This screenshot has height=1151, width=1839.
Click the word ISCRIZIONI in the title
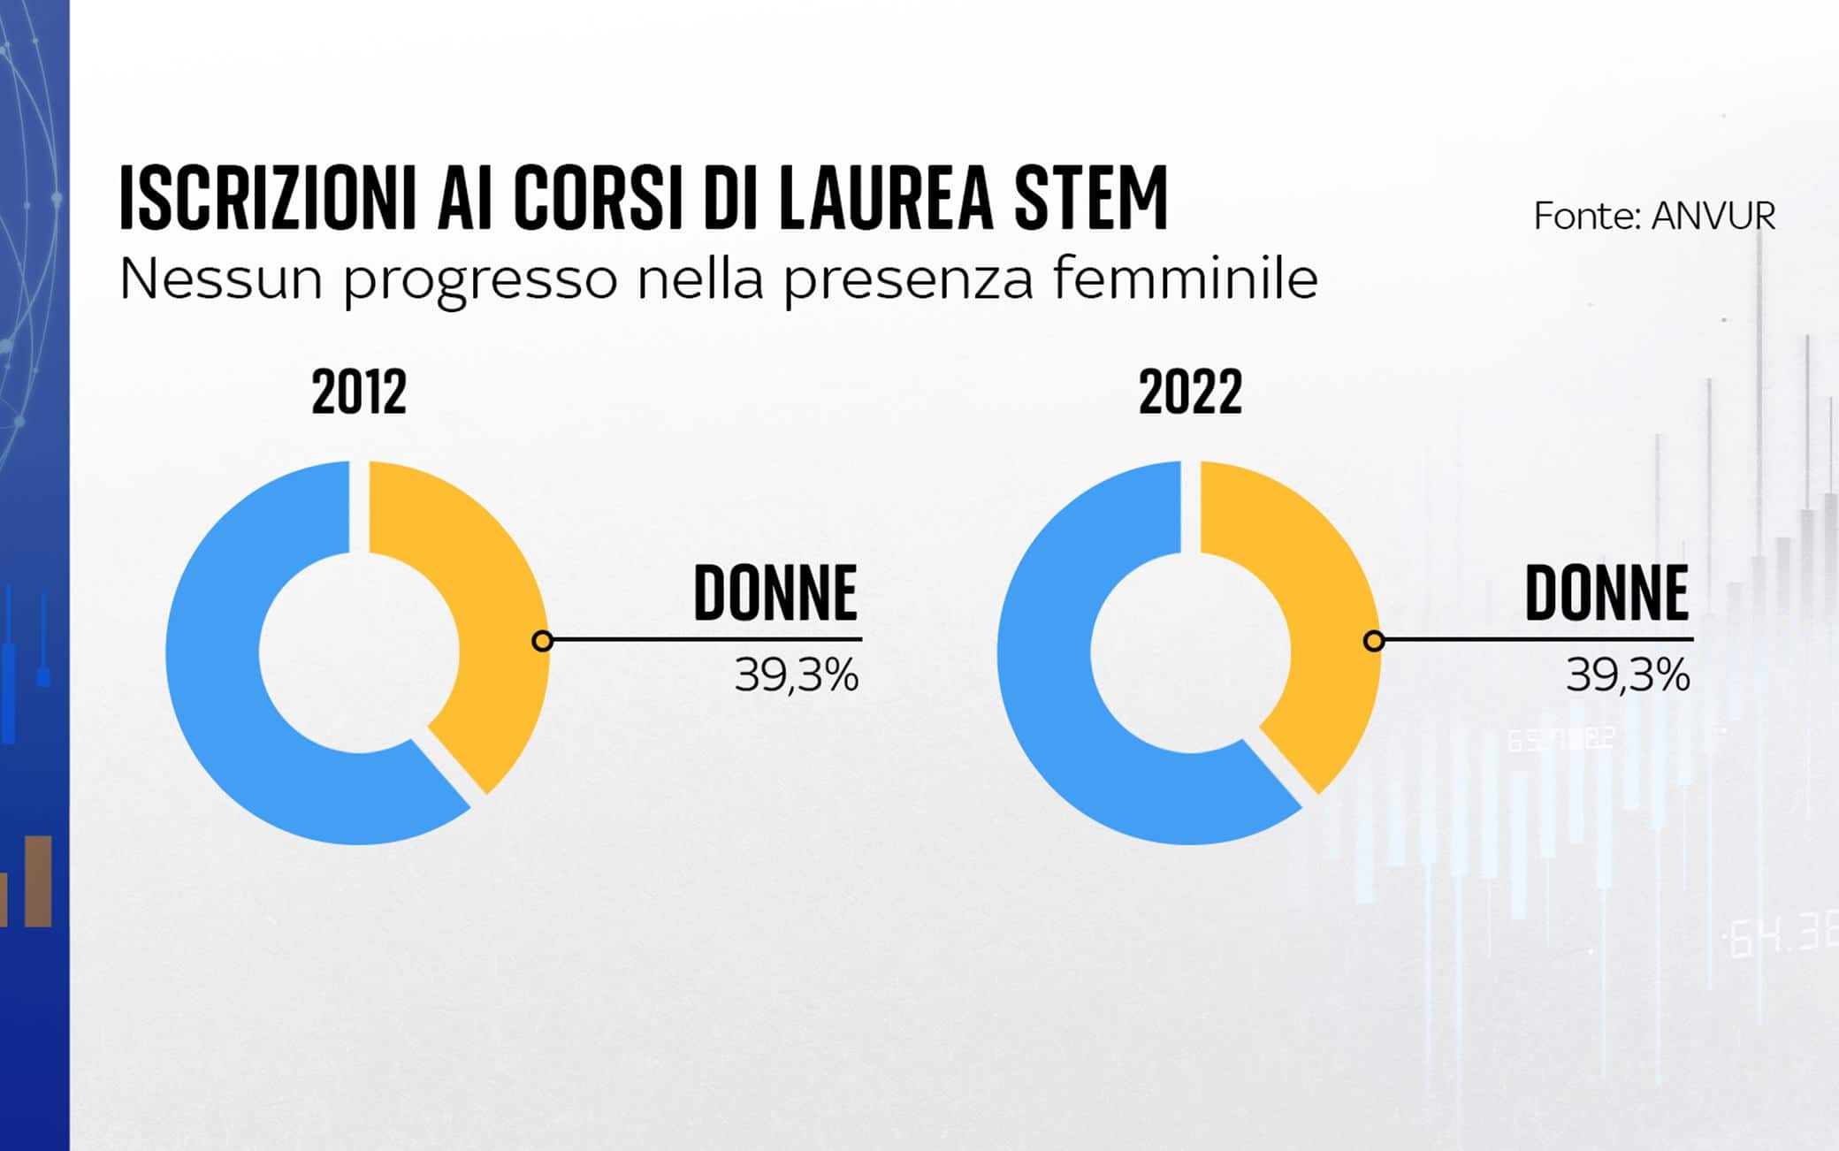tap(268, 199)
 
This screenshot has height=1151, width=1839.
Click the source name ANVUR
tap(1713, 217)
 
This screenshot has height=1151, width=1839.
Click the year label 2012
tap(359, 393)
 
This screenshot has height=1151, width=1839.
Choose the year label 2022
tap(1190, 393)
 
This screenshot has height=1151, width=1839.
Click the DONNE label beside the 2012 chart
tap(775, 593)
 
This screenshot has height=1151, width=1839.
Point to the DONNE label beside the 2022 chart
tap(1606, 593)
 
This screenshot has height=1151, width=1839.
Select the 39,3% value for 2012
tap(797, 676)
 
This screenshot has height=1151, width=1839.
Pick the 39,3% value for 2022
tap(1628, 676)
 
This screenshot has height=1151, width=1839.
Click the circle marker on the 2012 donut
tap(543, 641)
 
